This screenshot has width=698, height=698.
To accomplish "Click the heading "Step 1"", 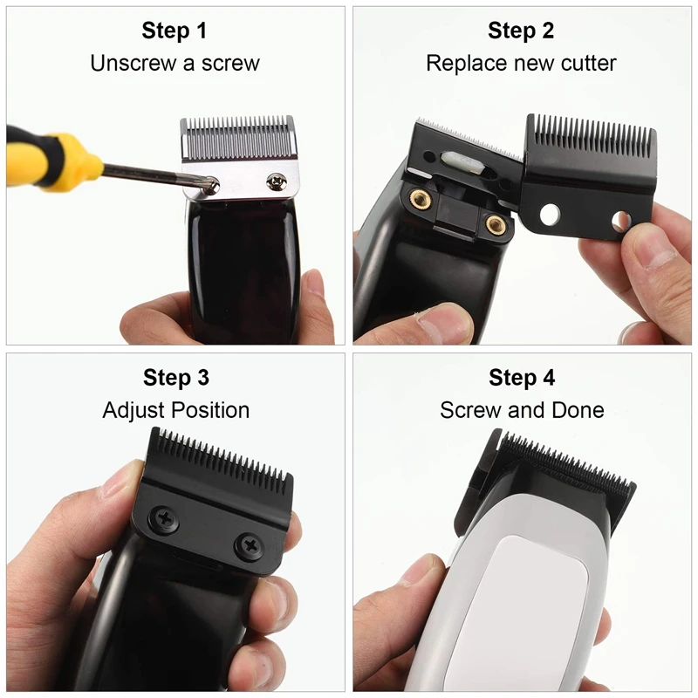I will coord(174,31).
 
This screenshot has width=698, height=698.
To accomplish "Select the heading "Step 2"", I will coord(521,31).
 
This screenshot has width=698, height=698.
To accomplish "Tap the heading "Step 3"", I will coord(175,378).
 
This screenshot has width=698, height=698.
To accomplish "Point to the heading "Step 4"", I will coord(522,378).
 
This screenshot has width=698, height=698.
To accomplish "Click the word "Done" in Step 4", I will coord(577,410).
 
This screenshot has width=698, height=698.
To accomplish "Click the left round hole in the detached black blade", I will coord(549,215).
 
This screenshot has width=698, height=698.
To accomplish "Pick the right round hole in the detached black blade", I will coord(620,222).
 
